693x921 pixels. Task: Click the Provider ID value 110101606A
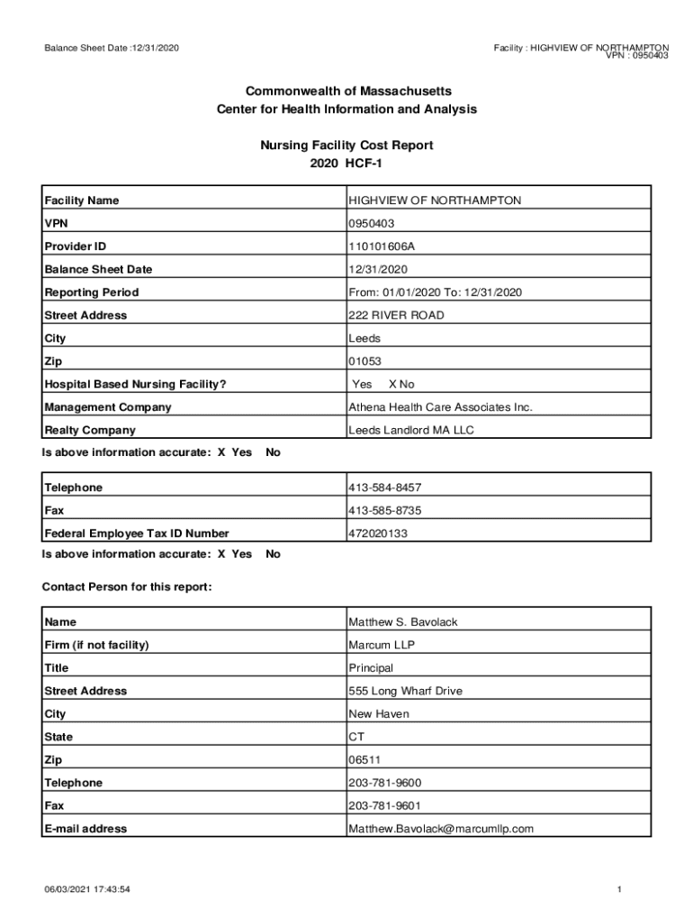tap(382, 246)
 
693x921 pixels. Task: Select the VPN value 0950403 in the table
tap(372, 223)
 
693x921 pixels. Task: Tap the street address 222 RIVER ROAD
tap(396, 316)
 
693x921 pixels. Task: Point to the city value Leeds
tap(364, 339)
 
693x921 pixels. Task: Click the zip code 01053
tap(364, 362)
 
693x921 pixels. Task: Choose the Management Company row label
tap(107, 407)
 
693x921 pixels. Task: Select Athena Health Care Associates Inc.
tap(440, 407)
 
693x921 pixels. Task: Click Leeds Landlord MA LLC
tap(410, 431)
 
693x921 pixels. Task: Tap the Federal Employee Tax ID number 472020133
tap(378, 533)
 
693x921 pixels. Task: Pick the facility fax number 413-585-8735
tap(384, 511)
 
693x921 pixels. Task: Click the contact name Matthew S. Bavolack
tap(403, 622)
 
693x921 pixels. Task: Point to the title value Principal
tap(371, 668)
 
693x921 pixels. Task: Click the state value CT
tap(356, 737)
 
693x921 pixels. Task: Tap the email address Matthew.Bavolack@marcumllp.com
tap(441, 829)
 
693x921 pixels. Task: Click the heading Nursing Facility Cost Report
tap(346, 145)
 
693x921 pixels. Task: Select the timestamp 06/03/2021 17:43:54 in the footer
tap(88, 890)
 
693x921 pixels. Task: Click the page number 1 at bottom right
tap(620, 890)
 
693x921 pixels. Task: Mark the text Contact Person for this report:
tap(127, 587)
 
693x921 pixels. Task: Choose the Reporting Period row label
tap(92, 292)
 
